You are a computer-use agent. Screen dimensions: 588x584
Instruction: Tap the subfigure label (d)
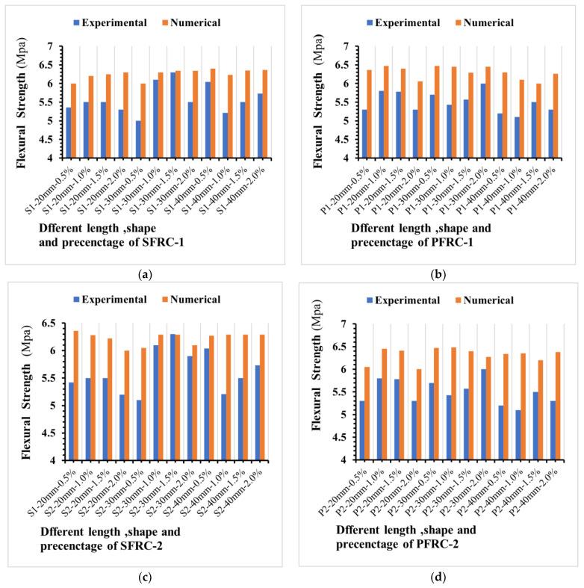tap(441, 578)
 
